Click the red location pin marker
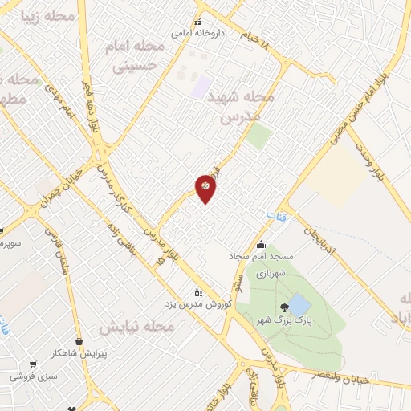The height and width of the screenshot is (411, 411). (205, 188)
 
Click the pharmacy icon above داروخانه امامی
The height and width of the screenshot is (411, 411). (197, 22)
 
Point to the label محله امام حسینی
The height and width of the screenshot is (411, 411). (135, 56)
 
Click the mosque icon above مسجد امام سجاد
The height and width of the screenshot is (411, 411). (260, 245)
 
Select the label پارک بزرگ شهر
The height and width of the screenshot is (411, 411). (280, 320)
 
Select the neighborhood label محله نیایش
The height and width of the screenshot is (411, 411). (135, 328)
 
